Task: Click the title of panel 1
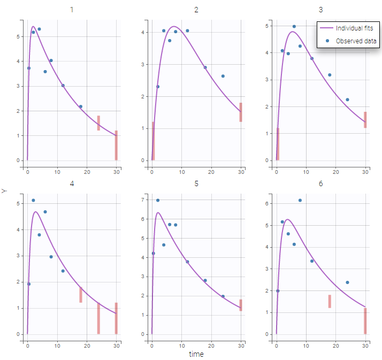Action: (x=72, y=10)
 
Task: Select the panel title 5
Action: (x=196, y=183)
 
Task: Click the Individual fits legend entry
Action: (x=354, y=28)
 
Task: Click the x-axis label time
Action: (x=196, y=354)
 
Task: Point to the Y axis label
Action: (x=5, y=190)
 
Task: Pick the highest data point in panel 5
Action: (x=158, y=200)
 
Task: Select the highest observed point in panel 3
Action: (x=294, y=26)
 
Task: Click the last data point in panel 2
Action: (x=223, y=76)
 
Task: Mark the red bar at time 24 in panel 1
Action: (x=98, y=123)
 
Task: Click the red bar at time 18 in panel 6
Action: (x=330, y=301)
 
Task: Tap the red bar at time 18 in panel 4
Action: (x=81, y=295)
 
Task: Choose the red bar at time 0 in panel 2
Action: (x=153, y=141)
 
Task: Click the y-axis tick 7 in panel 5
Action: (x=141, y=200)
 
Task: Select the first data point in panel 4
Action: (x=29, y=284)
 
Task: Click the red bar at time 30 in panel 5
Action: (x=241, y=305)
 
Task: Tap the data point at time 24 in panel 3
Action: (x=347, y=99)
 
